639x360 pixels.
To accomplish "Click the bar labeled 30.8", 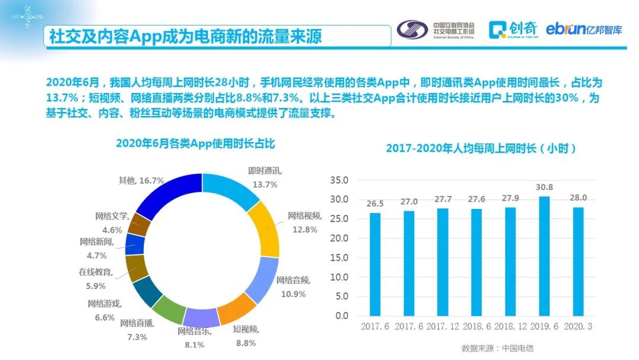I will (544, 256).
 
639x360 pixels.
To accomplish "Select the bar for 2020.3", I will (579, 261).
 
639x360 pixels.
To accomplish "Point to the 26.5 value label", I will (375, 204).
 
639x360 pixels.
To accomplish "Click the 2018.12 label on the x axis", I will (510, 327).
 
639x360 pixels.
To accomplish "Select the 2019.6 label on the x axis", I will (544, 327).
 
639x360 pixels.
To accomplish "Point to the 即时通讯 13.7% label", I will (264, 177).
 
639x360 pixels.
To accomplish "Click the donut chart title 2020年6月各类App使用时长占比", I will (195, 143).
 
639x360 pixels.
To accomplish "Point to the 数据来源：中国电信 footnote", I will (493, 348).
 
